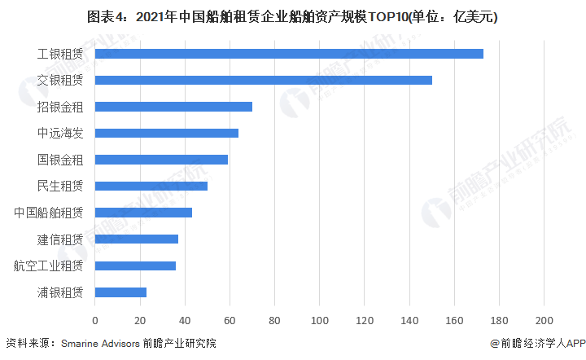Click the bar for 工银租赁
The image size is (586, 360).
pyautogui.click(x=289, y=54)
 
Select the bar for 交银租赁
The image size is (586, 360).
pyautogui.click(x=264, y=80)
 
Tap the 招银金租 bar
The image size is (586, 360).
pyautogui.click(x=173, y=107)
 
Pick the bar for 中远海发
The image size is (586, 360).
pyautogui.click(x=167, y=133)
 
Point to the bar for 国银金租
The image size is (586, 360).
pyautogui.click(x=161, y=160)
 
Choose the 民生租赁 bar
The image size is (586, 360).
pyautogui.click(x=151, y=186)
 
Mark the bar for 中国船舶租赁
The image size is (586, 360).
pyautogui.click(x=143, y=213)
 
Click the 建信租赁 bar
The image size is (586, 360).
pyautogui.click(x=137, y=239)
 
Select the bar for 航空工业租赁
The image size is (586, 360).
pyautogui.click(x=135, y=266)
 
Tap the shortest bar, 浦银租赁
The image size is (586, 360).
pyautogui.click(x=120, y=292)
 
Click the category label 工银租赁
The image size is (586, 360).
pyautogui.click(x=60, y=54)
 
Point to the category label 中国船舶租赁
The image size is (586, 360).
pyautogui.click(x=48, y=213)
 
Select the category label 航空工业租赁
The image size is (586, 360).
pyautogui.click(x=48, y=266)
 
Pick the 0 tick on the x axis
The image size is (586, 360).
pyautogui.click(x=95, y=320)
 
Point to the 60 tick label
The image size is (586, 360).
pyautogui.click(x=230, y=320)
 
